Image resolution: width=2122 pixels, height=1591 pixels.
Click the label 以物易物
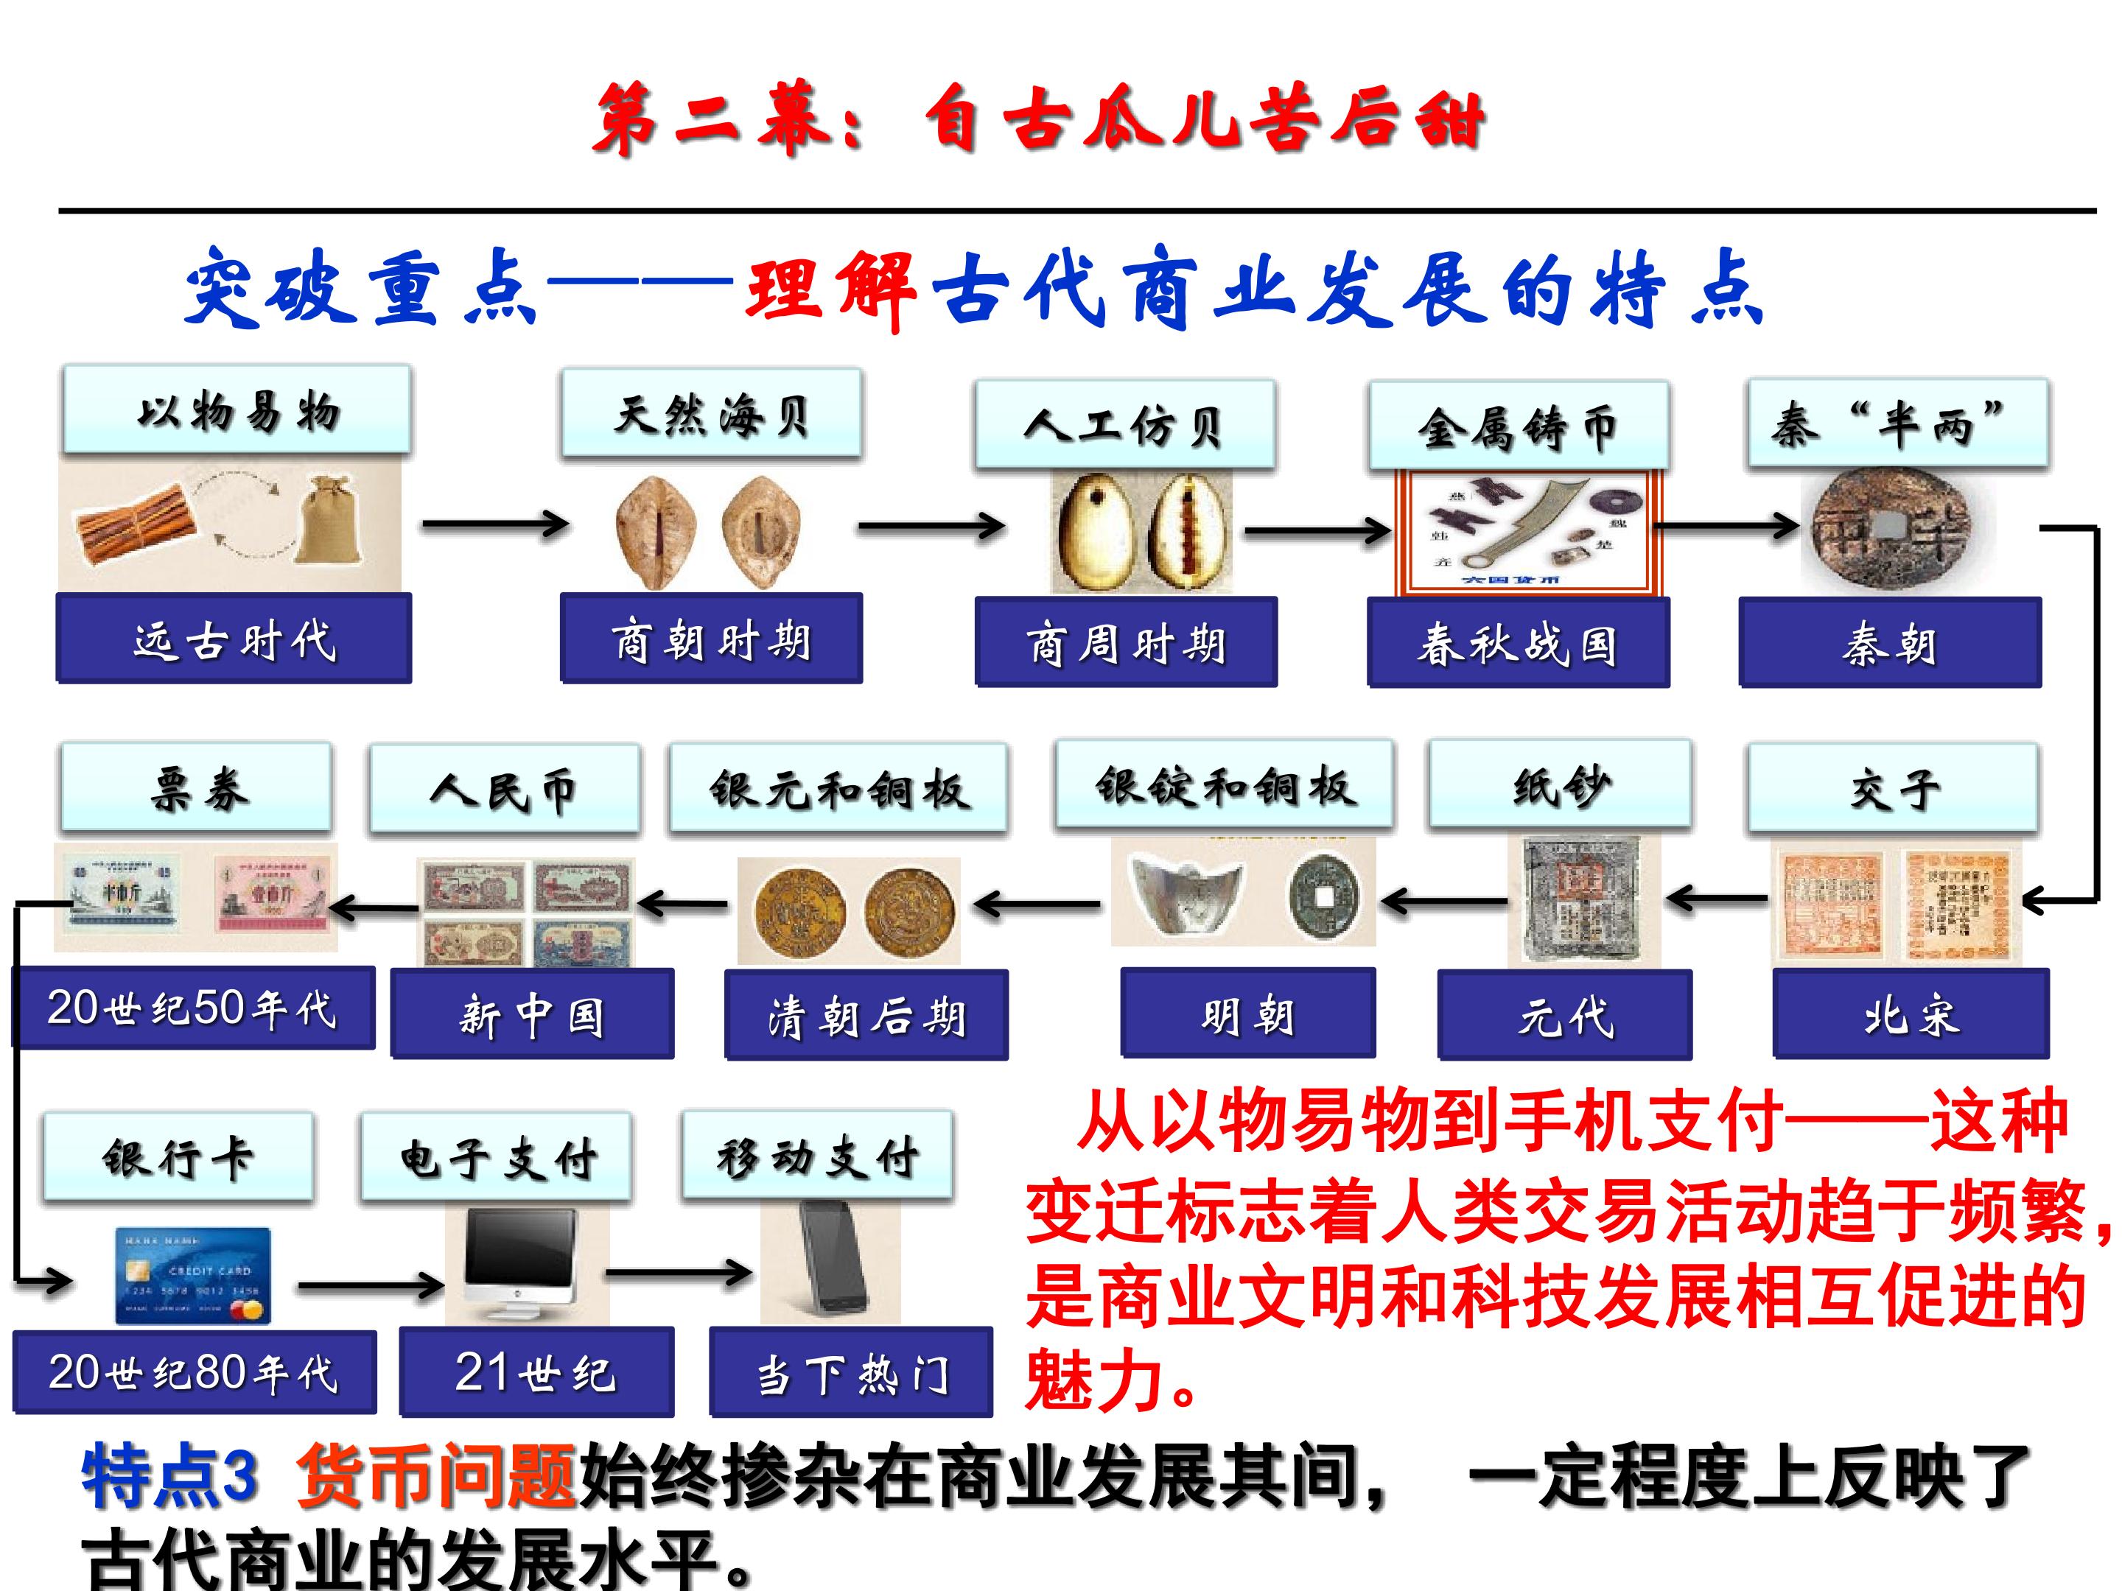pos(237,410)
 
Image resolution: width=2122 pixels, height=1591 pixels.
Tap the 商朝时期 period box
pos(711,639)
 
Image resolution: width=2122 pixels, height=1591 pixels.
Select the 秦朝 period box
pos(1889,642)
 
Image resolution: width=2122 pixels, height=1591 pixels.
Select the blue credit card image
pos(193,1276)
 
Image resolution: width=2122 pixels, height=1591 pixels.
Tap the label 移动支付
pos(817,1156)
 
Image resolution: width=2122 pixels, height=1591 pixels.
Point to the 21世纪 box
pos(536,1372)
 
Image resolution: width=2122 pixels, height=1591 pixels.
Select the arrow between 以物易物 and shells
pos(495,524)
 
